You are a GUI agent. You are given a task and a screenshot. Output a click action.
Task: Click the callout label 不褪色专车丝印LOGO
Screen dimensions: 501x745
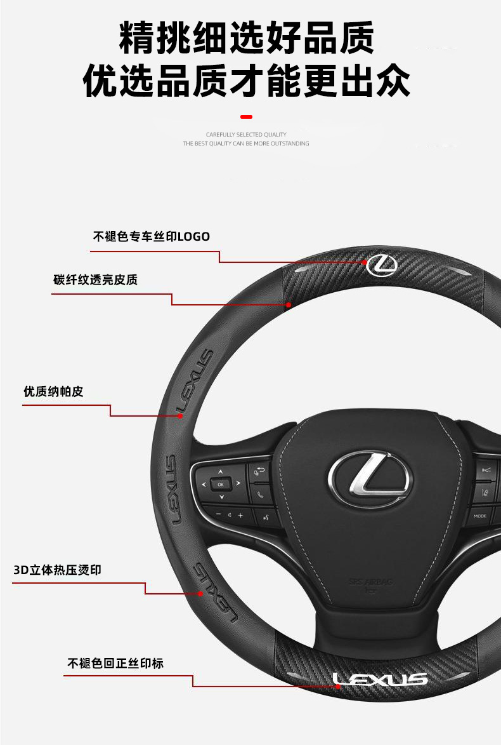152,237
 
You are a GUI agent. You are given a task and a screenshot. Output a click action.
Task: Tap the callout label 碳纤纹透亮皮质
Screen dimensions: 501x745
95,280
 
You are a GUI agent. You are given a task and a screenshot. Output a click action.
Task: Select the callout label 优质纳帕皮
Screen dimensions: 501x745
53,392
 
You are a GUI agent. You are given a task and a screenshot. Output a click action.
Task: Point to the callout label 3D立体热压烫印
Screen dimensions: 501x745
57,570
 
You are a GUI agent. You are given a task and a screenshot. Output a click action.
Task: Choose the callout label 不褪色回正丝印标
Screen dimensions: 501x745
115,663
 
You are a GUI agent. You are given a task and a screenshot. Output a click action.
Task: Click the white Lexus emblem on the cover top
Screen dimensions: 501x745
382,264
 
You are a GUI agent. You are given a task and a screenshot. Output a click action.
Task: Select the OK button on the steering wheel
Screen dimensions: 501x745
221,484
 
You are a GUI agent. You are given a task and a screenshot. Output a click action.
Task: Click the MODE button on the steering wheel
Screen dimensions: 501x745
480,516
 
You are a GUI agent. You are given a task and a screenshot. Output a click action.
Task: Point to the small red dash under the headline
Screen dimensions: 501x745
247,117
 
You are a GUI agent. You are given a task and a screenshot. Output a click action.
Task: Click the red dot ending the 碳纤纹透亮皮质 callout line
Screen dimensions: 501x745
289,305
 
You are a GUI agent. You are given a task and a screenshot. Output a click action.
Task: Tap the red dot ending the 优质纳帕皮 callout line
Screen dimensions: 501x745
180,416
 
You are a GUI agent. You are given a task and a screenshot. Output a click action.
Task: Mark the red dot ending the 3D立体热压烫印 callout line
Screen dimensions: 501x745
200,594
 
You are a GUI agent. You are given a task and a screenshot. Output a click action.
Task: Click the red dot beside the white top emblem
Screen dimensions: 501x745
365,262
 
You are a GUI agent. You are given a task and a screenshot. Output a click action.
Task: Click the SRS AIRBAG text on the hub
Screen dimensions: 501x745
362,581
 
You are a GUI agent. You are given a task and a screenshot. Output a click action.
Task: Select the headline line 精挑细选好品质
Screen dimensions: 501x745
247,37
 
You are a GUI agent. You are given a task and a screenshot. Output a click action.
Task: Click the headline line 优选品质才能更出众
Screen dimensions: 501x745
247,81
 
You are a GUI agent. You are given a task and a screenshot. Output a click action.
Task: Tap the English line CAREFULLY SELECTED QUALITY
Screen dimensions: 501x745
246,135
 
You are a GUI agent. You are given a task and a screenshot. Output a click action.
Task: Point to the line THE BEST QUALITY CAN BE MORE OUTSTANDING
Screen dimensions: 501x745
246,144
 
